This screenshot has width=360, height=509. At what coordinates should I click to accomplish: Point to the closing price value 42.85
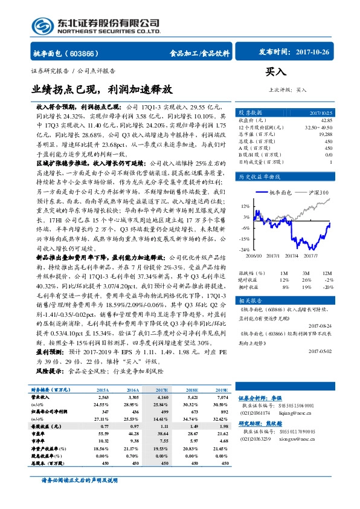coord(326,121)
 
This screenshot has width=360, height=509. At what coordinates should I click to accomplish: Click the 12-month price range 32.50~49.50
coord(318,128)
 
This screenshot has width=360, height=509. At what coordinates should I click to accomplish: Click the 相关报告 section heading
coord(249,300)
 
